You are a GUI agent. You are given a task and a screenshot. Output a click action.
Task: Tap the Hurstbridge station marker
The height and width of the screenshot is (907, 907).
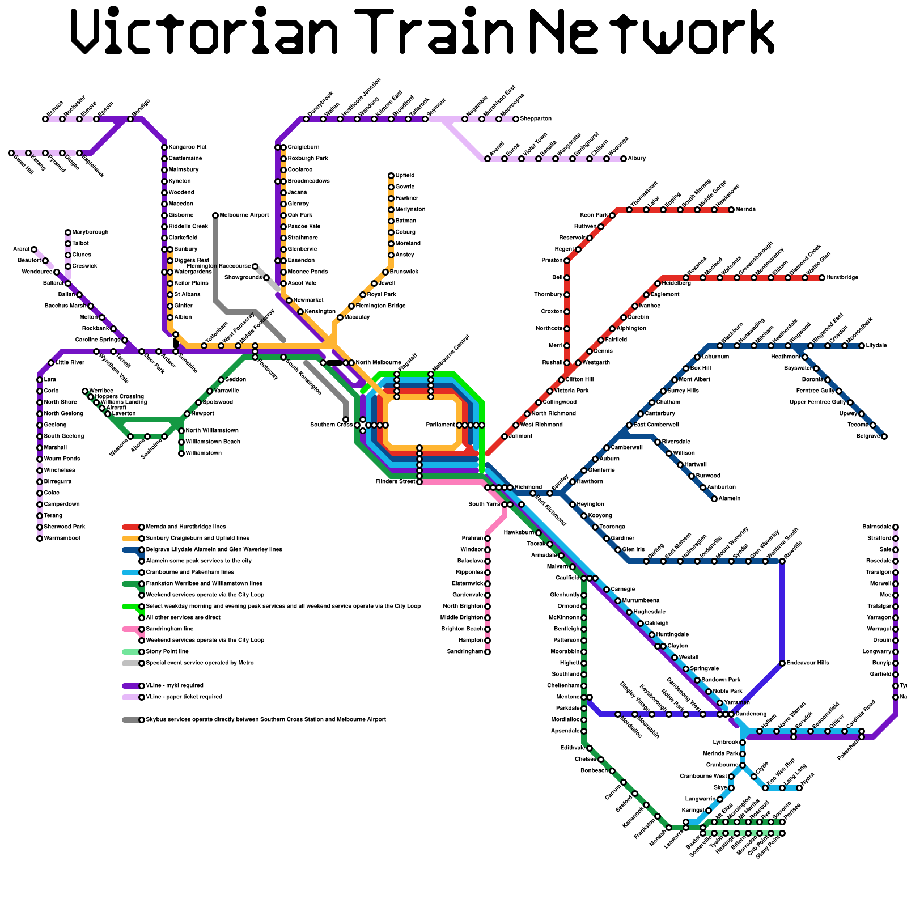coord(822,278)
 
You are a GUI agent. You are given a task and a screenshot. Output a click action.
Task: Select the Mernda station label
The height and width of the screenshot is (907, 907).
coord(745,210)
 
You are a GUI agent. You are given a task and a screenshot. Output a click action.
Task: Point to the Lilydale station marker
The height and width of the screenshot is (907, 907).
coord(862,346)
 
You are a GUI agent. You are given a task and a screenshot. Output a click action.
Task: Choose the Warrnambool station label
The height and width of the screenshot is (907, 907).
coord(62,539)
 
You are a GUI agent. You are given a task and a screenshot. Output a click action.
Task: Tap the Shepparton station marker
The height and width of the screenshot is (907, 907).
coord(516,119)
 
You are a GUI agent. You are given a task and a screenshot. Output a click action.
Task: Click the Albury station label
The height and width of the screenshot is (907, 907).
coord(637,159)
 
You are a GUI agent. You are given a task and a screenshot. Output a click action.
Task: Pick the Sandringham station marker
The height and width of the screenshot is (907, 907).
coord(488,652)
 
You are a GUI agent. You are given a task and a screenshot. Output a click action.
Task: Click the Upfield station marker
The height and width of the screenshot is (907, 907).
coord(391,176)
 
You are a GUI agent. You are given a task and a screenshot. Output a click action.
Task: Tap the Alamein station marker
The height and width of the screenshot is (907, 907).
coord(714,499)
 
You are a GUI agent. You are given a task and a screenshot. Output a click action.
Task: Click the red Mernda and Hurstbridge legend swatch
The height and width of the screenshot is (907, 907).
coord(131,527)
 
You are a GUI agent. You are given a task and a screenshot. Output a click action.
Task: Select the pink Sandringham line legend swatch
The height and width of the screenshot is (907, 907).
coord(131,629)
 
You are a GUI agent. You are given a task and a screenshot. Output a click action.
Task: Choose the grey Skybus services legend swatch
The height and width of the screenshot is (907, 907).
coord(131,720)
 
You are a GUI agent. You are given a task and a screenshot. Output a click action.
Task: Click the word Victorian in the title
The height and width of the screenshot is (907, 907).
coord(204,31)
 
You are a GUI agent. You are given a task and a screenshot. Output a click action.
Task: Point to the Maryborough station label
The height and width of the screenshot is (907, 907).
coord(90,232)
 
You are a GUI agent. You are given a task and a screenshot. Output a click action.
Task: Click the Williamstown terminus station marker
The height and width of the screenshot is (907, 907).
coord(181,453)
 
